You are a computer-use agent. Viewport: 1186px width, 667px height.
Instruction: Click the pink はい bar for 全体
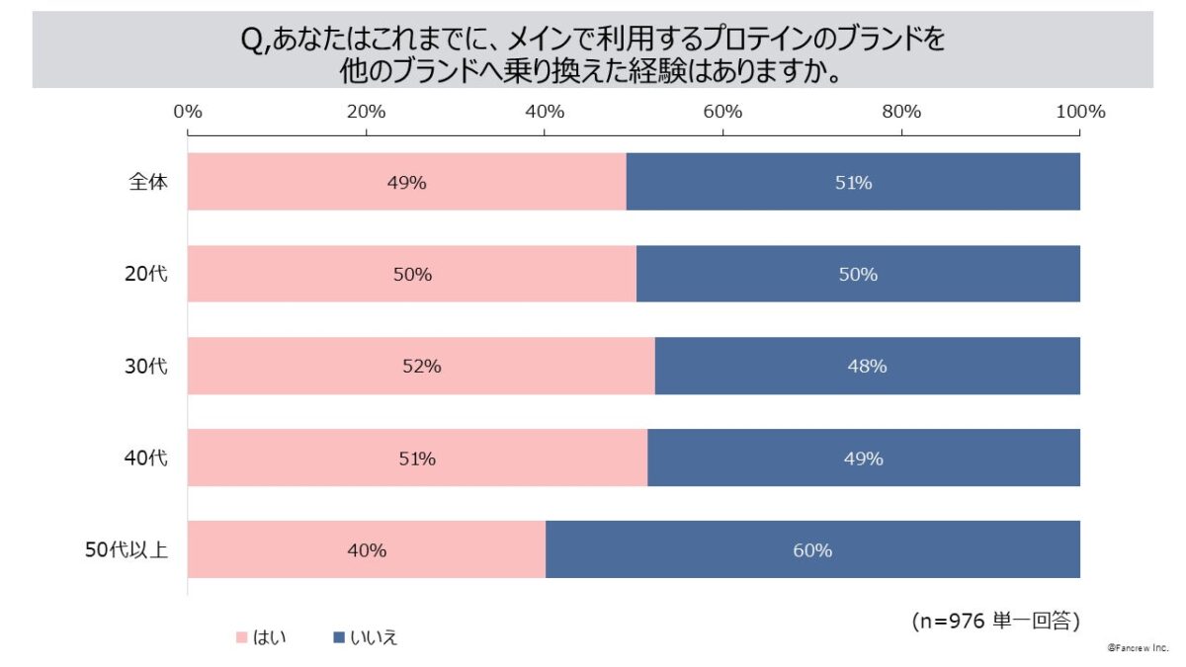coord(296,182)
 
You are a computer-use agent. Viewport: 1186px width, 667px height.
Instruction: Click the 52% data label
coord(422,367)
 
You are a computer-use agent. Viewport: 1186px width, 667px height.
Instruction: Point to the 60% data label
coord(812,550)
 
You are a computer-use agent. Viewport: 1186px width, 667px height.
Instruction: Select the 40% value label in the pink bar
coord(367,550)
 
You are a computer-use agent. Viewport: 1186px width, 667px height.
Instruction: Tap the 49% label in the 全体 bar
coord(407,183)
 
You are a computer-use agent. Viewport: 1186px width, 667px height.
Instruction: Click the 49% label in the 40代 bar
coord(864,459)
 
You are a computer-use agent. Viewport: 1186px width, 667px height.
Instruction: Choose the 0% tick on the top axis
coord(188,112)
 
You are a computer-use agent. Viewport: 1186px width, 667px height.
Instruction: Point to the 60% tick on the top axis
coord(723,112)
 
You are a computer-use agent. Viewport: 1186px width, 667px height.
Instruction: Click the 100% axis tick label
coord(1079,112)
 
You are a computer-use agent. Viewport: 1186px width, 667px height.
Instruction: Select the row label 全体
coord(148,183)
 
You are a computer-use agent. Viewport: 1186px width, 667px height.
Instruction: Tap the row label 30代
coord(148,367)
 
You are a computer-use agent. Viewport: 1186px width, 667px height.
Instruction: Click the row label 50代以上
coord(127,550)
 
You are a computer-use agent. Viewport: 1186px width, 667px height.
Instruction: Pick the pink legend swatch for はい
coord(240,637)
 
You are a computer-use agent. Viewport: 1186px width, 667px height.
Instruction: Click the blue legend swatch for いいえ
coord(337,637)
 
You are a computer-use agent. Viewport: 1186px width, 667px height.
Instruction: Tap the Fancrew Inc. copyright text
coord(1139,647)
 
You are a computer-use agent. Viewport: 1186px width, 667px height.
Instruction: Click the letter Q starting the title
coord(250,41)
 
